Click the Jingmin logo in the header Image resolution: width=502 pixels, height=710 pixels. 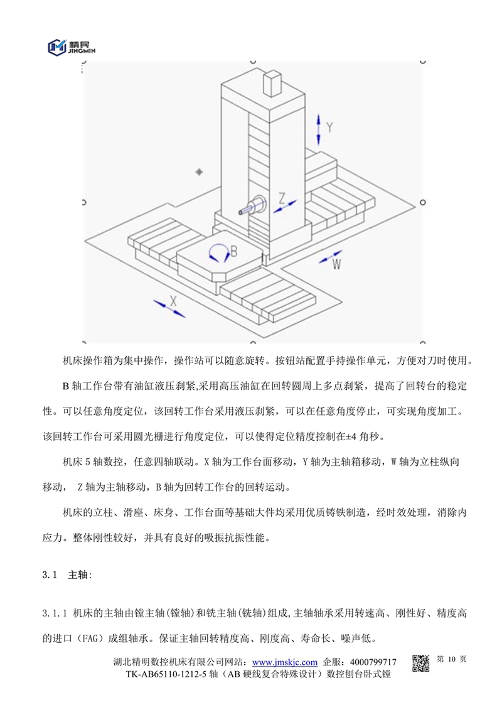pyautogui.click(x=70, y=46)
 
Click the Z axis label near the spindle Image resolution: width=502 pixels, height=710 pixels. pyautogui.click(x=282, y=198)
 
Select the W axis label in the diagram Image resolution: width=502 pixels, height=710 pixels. pyautogui.click(x=337, y=264)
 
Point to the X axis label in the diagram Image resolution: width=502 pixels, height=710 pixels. pyautogui.click(x=174, y=300)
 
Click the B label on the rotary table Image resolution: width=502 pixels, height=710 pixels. pyautogui.click(x=233, y=251)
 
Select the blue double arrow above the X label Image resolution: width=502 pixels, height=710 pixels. pyautogui.click(x=168, y=307)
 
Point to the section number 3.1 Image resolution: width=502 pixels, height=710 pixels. pyautogui.click(x=50, y=574)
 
